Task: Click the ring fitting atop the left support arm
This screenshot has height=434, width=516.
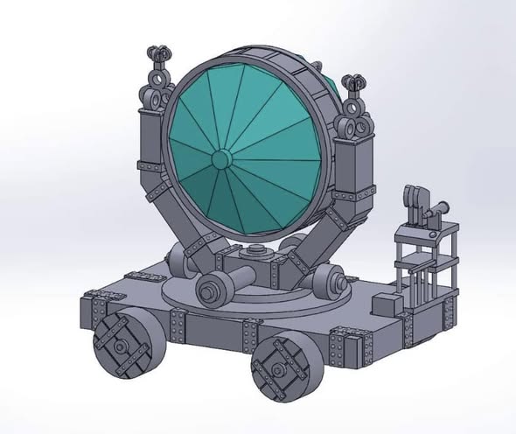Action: coord(154,97)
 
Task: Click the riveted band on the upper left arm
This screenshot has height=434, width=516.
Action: coord(150,164)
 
